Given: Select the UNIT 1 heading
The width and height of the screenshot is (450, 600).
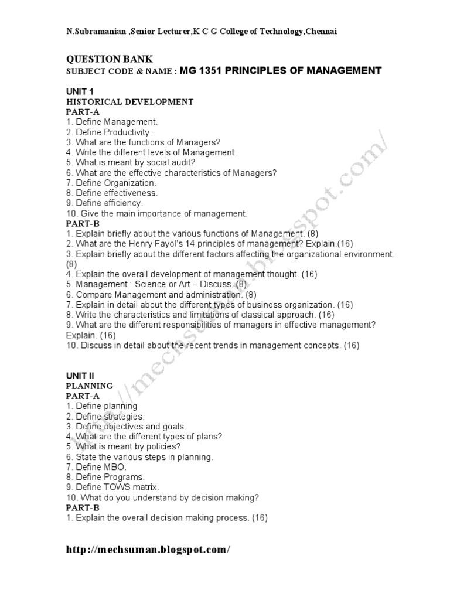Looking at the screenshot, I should point(78,91).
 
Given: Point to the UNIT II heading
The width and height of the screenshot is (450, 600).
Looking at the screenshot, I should point(80,376).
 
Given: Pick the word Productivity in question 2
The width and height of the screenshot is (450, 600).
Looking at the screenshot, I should point(125,132).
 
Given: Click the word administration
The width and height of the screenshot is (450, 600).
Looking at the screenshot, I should point(206,294).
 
